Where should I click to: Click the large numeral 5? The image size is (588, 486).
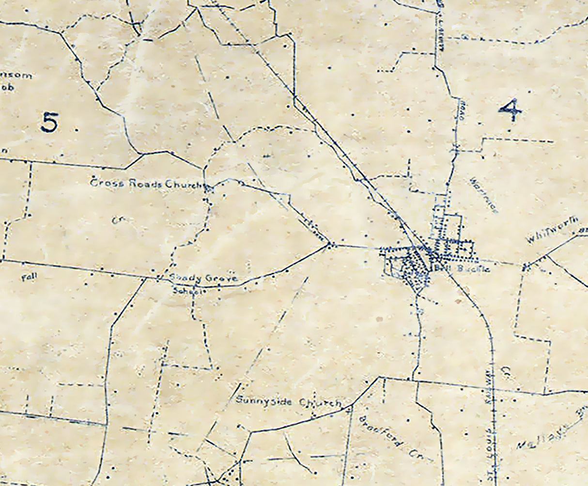[50, 122]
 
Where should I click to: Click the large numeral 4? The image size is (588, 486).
[510, 110]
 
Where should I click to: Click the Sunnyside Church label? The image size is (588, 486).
[289, 402]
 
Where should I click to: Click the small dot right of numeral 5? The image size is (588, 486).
[76, 130]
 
